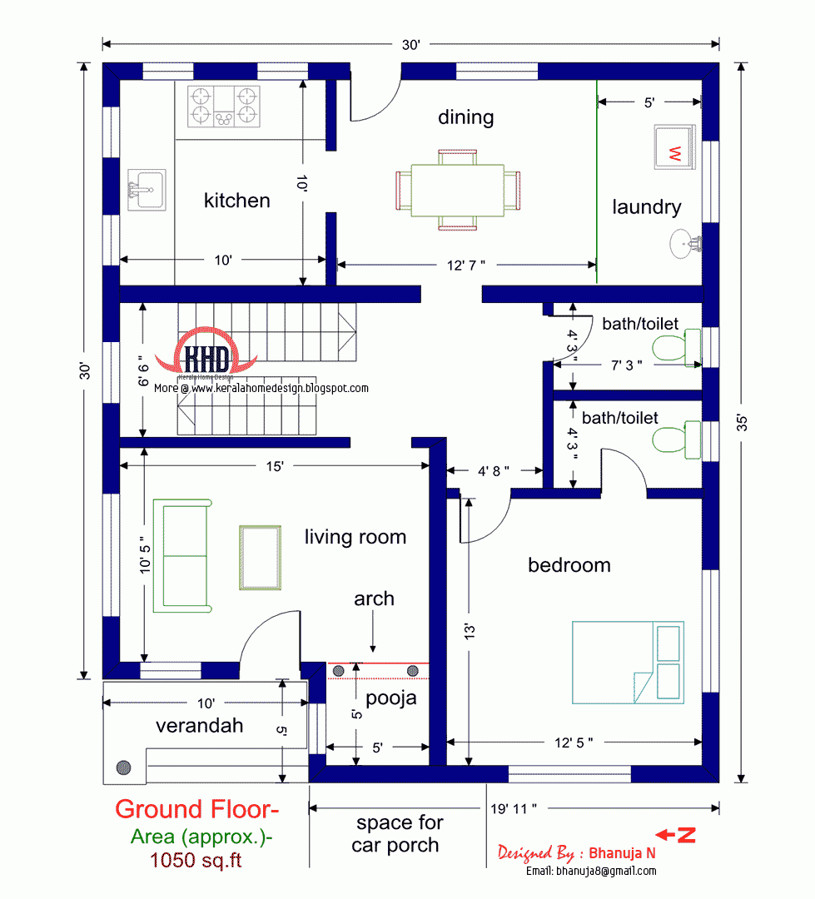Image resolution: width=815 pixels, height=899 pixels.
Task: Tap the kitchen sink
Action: (x=147, y=191)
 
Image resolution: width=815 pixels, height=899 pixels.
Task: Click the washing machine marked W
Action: (x=675, y=147)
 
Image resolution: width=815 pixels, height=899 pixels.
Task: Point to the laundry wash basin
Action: (x=686, y=243)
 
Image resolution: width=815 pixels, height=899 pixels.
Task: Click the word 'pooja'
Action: (x=391, y=698)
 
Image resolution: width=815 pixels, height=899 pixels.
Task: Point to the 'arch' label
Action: (x=374, y=599)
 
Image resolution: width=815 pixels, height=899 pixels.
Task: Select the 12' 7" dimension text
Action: (x=466, y=265)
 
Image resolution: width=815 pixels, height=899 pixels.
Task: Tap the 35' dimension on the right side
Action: (x=741, y=422)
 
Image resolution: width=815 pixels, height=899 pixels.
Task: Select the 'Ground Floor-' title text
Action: (x=197, y=809)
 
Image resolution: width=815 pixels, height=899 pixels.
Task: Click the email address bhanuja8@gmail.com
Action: (x=591, y=871)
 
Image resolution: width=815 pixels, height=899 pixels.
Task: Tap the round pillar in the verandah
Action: (x=124, y=767)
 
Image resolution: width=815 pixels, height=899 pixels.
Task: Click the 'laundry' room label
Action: (x=647, y=207)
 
